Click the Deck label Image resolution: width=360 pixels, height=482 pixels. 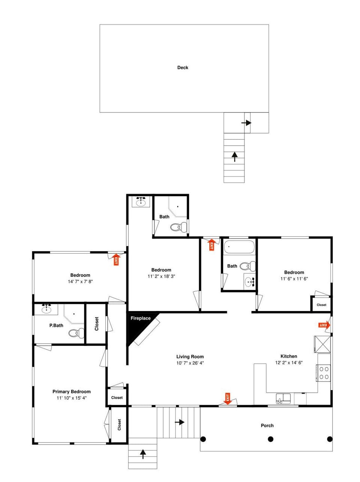[x=183, y=68]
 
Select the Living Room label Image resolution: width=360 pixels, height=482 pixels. [x=190, y=357]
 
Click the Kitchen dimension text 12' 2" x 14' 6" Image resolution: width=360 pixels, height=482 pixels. [x=289, y=363]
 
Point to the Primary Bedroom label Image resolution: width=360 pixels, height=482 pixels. [x=72, y=392]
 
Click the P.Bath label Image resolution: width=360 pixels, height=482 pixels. [x=56, y=325]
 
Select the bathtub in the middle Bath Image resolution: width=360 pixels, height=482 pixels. [x=239, y=248]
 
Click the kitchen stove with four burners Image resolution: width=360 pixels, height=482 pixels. [x=324, y=372]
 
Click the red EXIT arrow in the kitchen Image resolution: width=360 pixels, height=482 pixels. [x=324, y=325]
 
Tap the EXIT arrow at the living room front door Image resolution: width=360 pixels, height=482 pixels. [x=227, y=398]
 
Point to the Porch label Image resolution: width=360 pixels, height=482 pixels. [x=267, y=425]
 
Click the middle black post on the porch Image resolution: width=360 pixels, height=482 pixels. [x=270, y=439]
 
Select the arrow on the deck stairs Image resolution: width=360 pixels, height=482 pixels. [x=235, y=156]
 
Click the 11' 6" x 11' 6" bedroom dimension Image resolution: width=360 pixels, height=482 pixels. [x=294, y=279]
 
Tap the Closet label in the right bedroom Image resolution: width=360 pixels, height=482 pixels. [x=321, y=305]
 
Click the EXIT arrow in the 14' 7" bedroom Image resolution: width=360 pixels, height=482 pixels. [x=116, y=259]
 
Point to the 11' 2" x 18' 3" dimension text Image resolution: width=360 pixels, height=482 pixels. [x=161, y=276]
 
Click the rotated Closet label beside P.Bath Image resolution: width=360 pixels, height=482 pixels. [x=97, y=324]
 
